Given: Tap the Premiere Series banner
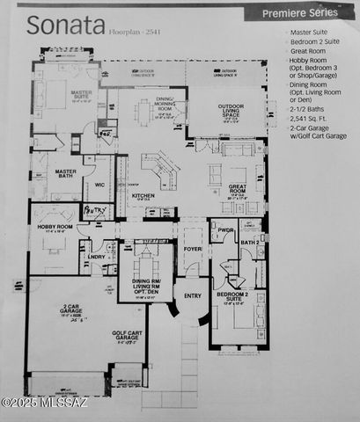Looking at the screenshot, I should click(310, 13).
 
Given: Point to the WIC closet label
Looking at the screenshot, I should click(99, 185).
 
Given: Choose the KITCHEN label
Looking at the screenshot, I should click(143, 195).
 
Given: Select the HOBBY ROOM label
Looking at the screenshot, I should click(54, 227).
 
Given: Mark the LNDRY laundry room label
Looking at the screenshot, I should click(96, 257).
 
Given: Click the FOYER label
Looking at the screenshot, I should click(192, 249).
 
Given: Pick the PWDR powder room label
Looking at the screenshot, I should click(225, 231).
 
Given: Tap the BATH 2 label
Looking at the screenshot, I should click(250, 242).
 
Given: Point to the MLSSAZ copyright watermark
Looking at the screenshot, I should click(44, 403).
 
